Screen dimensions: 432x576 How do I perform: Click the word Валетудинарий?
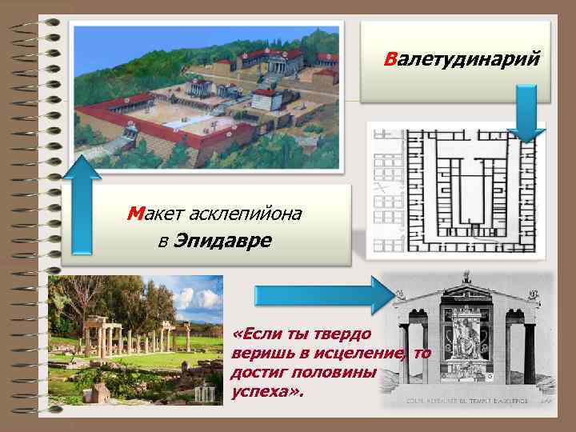[462, 60]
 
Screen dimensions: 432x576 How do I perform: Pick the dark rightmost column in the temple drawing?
[530, 352]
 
